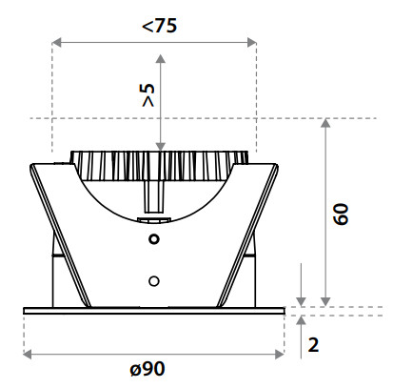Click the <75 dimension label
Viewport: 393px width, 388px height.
(x=159, y=26)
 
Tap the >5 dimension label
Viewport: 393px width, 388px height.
(x=148, y=95)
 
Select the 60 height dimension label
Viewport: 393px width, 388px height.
(x=342, y=214)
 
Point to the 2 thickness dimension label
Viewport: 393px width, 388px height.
(x=313, y=345)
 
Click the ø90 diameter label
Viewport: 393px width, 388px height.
(x=147, y=369)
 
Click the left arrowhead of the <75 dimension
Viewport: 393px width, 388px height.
(x=56, y=42)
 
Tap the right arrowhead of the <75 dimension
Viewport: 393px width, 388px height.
(x=251, y=42)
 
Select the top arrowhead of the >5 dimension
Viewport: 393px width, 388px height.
(x=161, y=59)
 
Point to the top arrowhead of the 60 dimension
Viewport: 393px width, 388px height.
(x=325, y=123)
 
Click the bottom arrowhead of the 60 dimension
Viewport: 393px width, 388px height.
(x=325, y=302)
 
